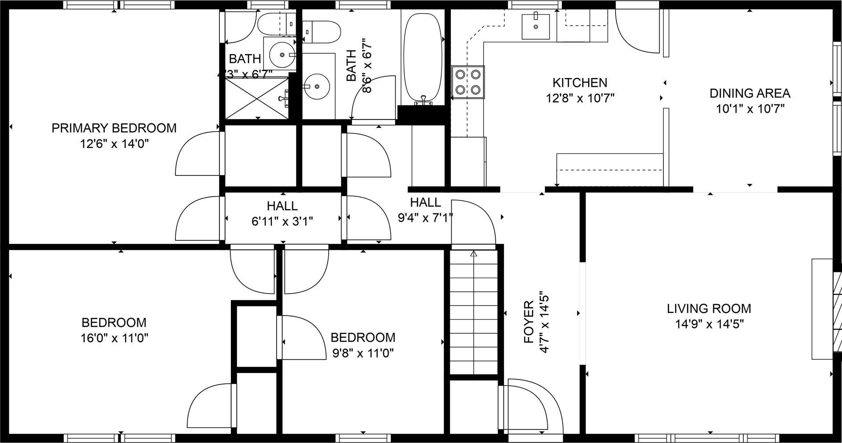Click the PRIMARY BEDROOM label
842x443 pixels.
tap(114, 128)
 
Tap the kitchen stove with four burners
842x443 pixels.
tap(468, 82)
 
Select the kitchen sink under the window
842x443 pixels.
tap(535, 26)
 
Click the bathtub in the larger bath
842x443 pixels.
tap(423, 57)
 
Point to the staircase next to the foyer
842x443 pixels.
tap(474, 313)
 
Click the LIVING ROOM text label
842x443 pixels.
tap(709, 309)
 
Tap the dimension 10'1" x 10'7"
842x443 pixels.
tap(750, 109)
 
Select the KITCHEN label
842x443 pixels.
tap(580, 82)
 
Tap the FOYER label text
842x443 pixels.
tap(529, 322)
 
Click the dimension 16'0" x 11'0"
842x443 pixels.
tap(114, 339)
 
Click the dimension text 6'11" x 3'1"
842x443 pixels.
tap(282, 221)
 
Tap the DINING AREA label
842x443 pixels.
tap(750, 93)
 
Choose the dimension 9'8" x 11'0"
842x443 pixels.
tap(363, 354)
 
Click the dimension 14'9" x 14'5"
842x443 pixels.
tap(709, 324)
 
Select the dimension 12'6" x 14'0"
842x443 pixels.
tap(114, 144)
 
